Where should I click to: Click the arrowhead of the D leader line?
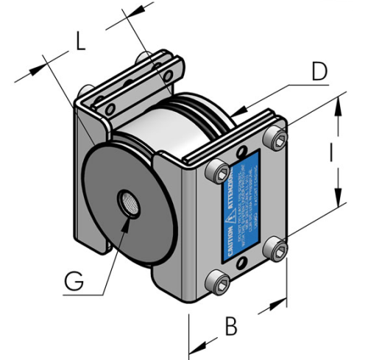click(239, 112)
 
